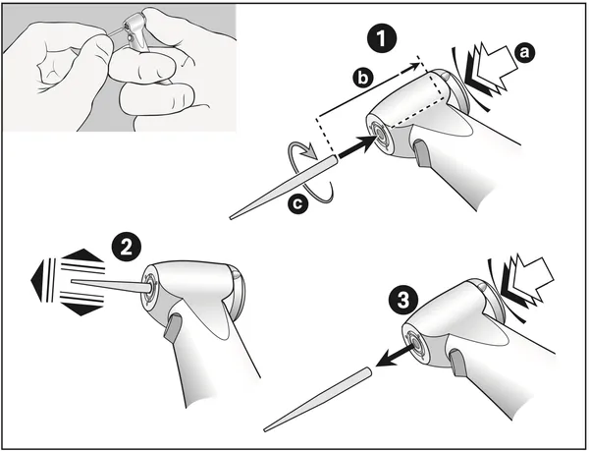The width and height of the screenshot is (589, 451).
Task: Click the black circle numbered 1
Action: (381, 38)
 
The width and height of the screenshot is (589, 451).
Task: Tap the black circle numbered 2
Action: (127, 248)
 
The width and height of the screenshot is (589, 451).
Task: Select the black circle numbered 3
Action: (403, 301)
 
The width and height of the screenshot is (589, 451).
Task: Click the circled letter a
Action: (524, 52)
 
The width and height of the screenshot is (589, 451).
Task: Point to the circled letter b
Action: (363, 79)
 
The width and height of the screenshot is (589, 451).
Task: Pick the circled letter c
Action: (297, 204)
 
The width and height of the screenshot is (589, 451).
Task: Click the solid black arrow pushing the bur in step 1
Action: (357, 145)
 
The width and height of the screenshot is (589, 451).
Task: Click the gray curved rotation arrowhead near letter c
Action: (310, 153)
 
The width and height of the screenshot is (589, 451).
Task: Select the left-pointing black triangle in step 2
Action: (37, 280)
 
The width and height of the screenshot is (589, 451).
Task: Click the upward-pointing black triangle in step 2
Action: (82, 254)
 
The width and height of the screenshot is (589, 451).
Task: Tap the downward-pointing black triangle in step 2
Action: (81, 309)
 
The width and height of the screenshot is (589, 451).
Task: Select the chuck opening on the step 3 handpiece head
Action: (414, 342)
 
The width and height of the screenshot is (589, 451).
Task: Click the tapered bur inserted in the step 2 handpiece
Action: (112, 286)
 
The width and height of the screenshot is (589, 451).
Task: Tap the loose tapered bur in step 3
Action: (318, 399)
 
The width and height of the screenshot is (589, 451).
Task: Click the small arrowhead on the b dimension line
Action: (413, 67)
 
